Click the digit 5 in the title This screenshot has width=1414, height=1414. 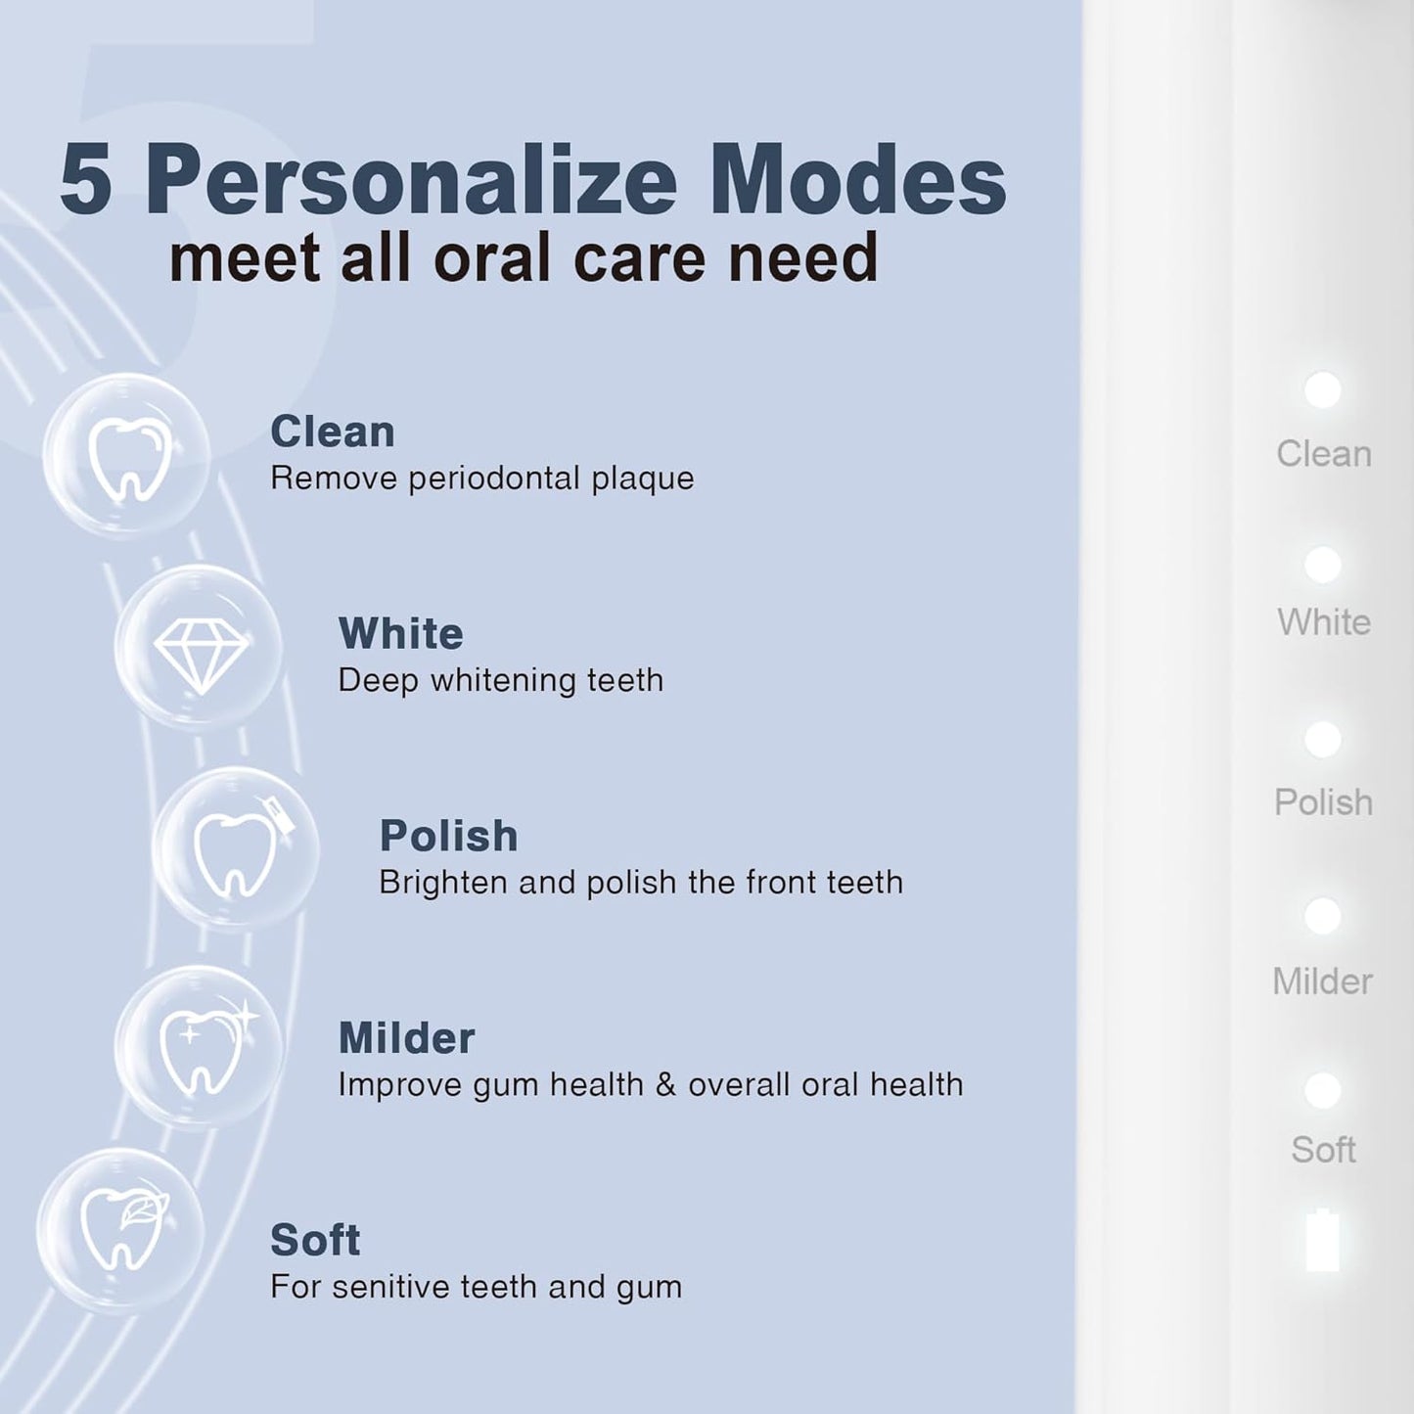(86, 181)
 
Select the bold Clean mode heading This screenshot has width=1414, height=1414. (333, 432)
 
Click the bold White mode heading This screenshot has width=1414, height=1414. (401, 634)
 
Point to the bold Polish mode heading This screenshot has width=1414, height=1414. (448, 837)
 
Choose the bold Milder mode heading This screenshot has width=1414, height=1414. (406, 1038)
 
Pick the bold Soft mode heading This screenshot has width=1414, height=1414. (315, 1241)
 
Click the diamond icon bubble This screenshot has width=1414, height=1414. (200, 648)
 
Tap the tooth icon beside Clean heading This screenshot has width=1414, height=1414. (128, 456)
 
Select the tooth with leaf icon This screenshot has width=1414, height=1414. (121, 1229)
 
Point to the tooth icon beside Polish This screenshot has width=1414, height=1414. (237, 849)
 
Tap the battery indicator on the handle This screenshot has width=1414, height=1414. (1323, 1241)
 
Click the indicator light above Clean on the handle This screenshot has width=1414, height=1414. (1323, 389)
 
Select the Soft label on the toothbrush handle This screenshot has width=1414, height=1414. (1323, 1150)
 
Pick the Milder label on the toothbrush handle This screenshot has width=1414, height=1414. (1323, 981)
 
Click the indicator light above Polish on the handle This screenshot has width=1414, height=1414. (1323, 740)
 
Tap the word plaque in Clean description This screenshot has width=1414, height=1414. (642, 479)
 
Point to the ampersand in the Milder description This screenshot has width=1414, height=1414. (665, 1085)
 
